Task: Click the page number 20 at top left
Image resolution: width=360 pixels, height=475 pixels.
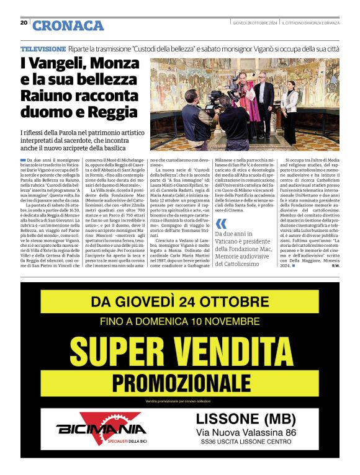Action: click(24, 22)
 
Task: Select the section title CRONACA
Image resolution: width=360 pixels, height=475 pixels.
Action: click(68, 25)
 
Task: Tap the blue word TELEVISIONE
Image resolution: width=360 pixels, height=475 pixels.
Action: click(43, 48)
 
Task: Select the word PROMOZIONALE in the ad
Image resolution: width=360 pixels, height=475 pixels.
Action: click(180, 380)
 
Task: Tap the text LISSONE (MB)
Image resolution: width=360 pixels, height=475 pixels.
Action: click(246, 419)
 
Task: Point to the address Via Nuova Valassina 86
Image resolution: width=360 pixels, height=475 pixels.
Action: click(246, 432)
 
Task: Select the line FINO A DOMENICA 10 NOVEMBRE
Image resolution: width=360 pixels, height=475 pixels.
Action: click(179, 322)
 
